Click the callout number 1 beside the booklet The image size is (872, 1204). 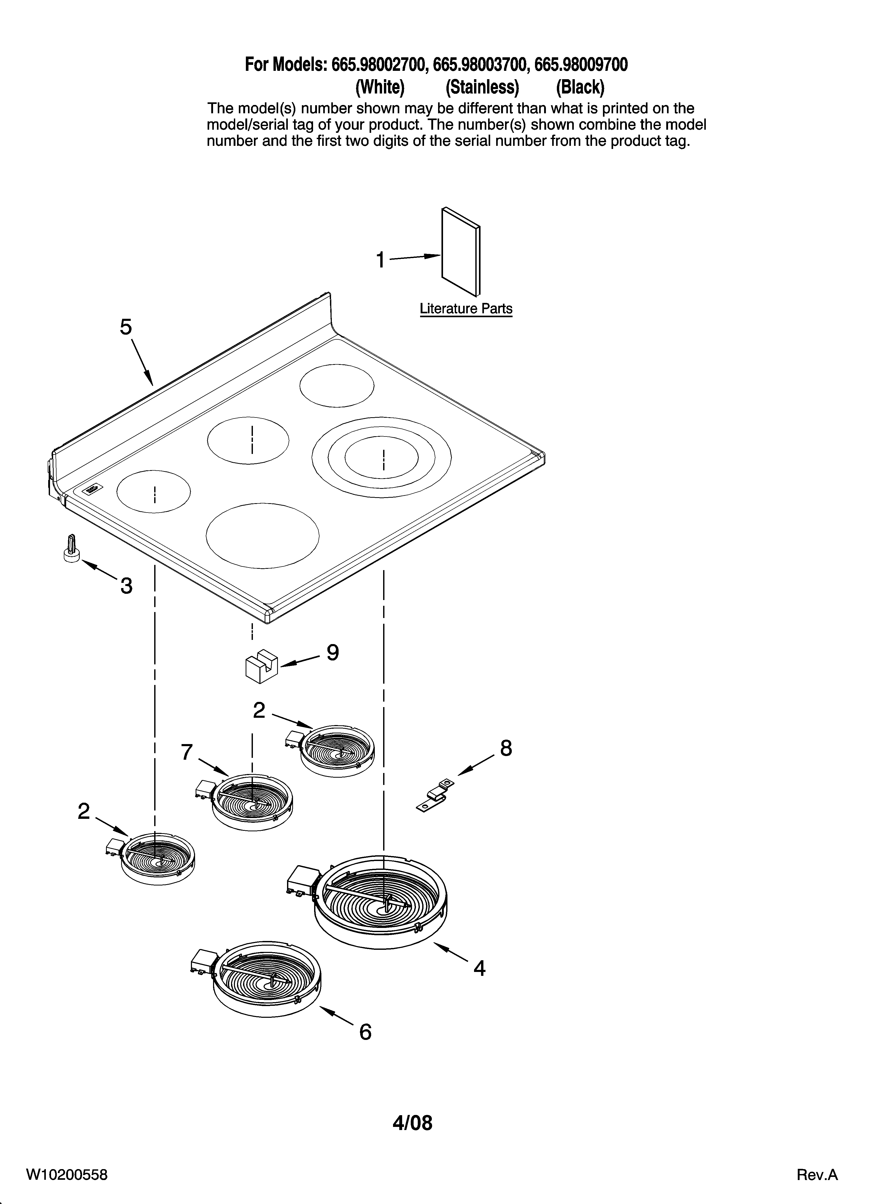(x=380, y=260)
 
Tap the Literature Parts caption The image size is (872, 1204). (x=466, y=308)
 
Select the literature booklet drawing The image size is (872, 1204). (x=460, y=252)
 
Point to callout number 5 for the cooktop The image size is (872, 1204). (x=125, y=327)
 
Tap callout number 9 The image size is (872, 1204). (x=332, y=652)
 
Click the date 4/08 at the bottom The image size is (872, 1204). (x=413, y=1123)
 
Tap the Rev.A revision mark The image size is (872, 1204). (x=817, y=1174)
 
